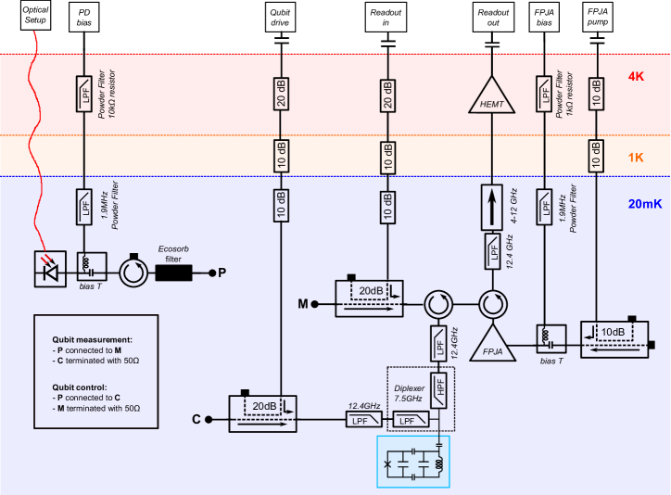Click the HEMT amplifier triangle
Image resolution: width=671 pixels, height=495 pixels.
[x=492, y=98]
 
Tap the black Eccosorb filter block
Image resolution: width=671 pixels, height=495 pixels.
[x=173, y=273]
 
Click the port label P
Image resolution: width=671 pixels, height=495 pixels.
[x=222, y=273]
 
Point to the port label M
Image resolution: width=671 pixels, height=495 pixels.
[x=302, y=303]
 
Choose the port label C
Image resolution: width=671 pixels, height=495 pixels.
[x=196, y=419]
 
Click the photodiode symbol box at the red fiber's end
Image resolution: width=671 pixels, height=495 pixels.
[x=50, y=269]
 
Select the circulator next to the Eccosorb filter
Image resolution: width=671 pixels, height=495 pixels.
[x=133, y=273]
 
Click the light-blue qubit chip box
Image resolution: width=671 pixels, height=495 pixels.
[x=412, y=461]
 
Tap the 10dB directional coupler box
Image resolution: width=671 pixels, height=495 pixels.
[x=614, y=339]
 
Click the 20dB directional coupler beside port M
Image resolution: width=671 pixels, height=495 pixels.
[x=369, y=298]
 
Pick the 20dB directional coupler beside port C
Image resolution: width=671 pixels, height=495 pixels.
[x=262, y=413]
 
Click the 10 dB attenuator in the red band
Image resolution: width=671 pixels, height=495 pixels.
[x=596, y=94]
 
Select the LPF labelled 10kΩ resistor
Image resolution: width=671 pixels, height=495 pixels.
[x=83, y=94]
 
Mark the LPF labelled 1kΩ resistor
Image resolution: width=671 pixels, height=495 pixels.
[x=544, y=94]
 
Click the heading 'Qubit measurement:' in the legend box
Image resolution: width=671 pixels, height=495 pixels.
[x=92, y=340]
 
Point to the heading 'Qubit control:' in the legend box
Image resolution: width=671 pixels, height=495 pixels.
[x=83, y=387]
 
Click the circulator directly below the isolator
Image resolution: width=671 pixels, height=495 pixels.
[x=492, y=303]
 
